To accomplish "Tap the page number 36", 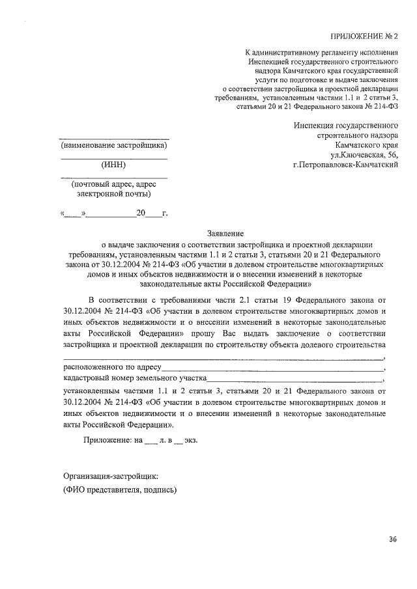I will click(392, 539).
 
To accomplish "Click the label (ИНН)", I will click(113, 165).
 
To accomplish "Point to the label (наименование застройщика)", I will click(114, 145).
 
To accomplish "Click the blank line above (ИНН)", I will click(113, 158).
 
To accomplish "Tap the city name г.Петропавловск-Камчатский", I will click(346, 165).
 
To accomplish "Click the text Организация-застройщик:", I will click(110, 476).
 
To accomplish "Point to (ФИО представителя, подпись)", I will click(120, 490).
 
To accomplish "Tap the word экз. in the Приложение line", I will click(189, 440).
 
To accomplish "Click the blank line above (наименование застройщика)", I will click(114, 138).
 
